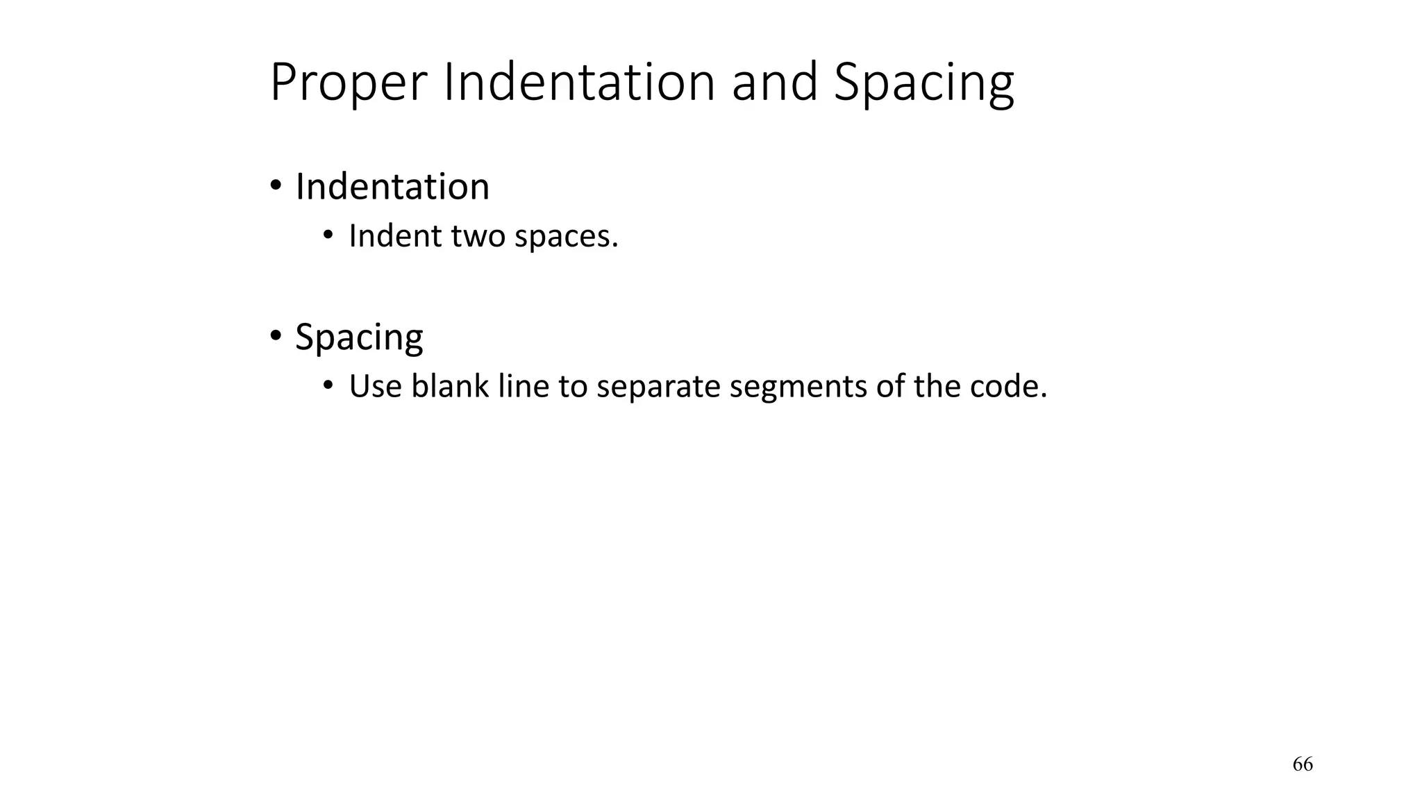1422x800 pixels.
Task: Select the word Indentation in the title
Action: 579,82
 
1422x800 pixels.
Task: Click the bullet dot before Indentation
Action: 276,186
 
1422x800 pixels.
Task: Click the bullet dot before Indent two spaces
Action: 328,235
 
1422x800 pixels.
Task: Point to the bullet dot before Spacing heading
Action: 276,337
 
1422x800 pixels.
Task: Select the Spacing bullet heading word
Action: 359,338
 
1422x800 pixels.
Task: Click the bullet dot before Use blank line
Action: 328,385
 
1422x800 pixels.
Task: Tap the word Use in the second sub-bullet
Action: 375,386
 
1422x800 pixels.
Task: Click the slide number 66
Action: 1303,765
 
